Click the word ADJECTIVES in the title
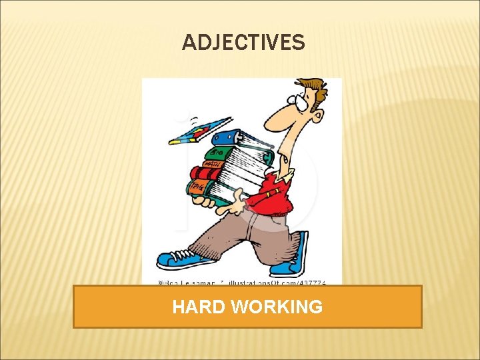[243, 43]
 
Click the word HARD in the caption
[198, 307]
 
